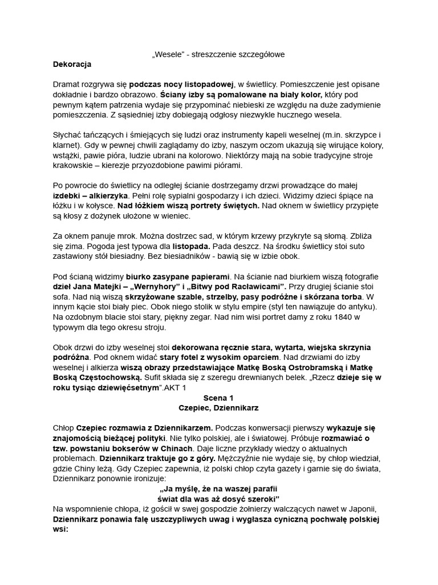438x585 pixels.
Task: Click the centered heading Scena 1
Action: (x=218, y=398)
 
